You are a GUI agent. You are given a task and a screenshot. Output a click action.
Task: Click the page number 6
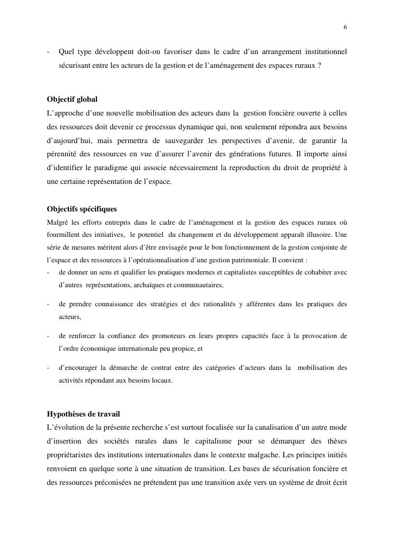pyautogui.click(x=345, y=28)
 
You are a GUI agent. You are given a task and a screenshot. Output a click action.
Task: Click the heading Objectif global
pyautogui.click(x=72, y=99)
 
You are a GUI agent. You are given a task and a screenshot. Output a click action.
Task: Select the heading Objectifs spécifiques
pyautogui.click(x=82, y=209)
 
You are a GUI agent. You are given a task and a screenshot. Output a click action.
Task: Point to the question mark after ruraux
pyautogui.click(x=319, y=65)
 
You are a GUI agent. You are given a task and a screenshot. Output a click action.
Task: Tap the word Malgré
pyautogui.click(x=57, y=222)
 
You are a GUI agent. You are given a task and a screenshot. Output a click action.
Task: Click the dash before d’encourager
pyautogui.click(x=48, y=368)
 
